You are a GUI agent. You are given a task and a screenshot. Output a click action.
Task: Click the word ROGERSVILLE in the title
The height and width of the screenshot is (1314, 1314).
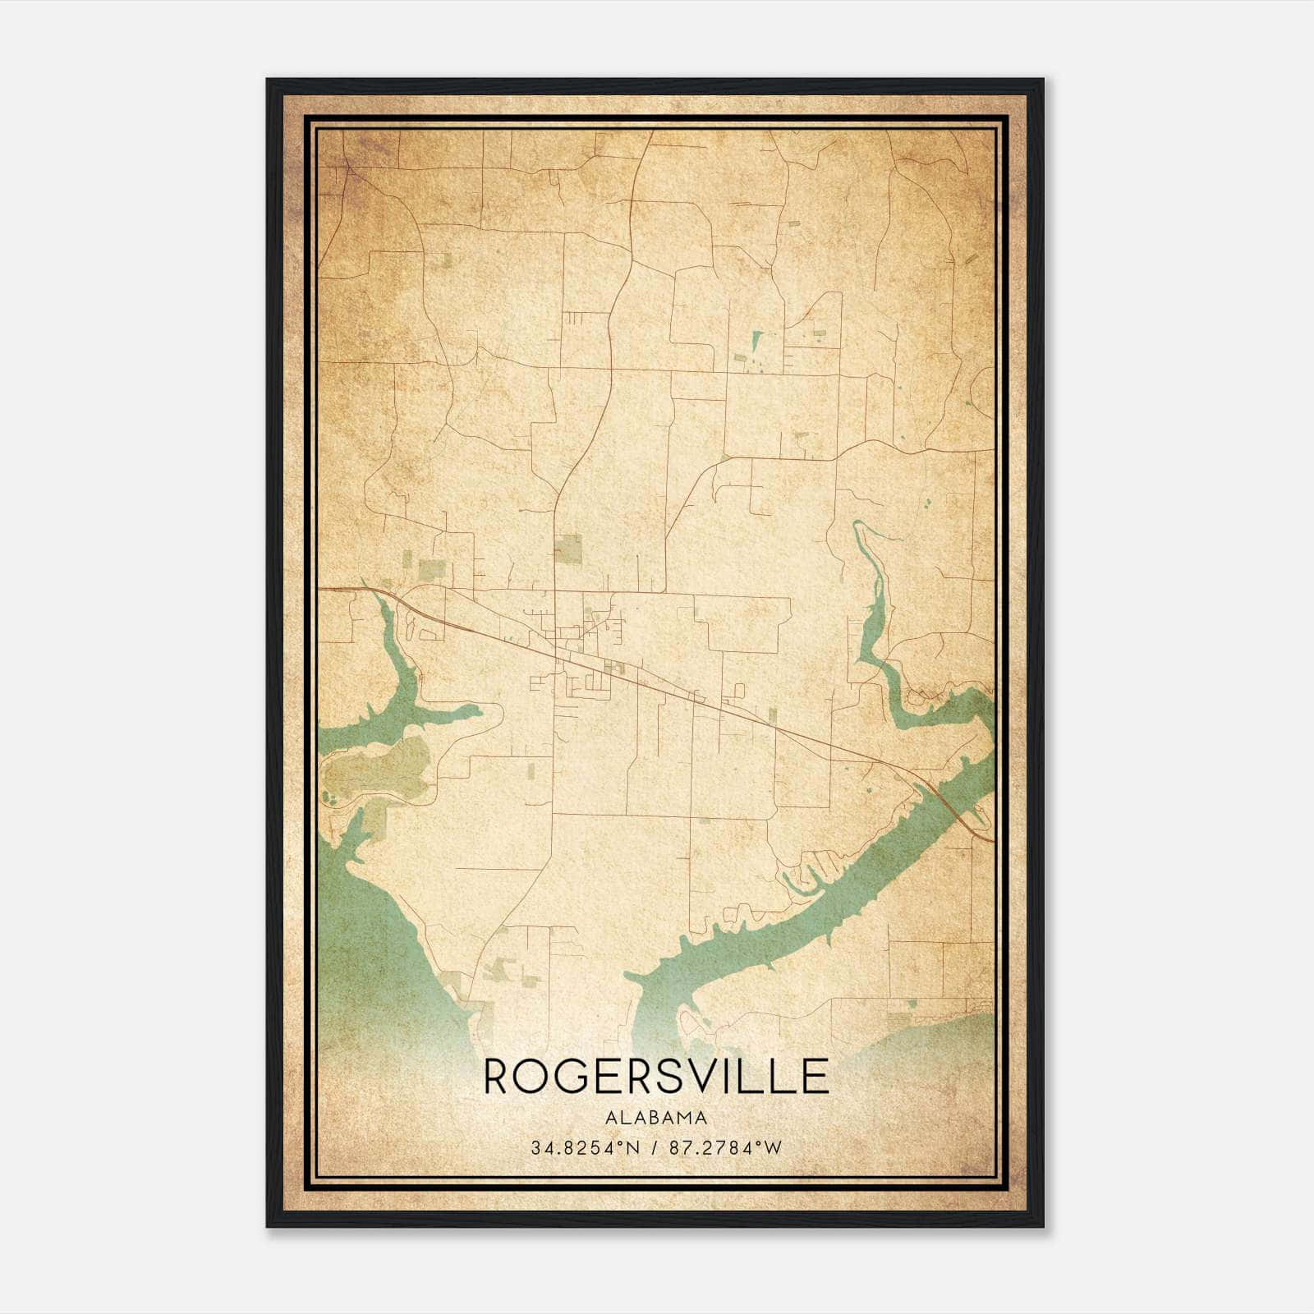[656, 1076]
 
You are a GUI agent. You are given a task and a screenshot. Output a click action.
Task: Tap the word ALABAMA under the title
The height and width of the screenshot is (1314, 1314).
[656, 1118]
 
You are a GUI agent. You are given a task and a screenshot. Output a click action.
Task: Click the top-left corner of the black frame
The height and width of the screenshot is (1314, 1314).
[268, 80]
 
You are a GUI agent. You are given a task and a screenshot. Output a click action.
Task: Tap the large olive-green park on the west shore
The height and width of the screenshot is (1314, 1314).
[378, 768]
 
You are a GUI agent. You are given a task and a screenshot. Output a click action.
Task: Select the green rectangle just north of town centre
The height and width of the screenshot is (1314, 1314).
[567, 548]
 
